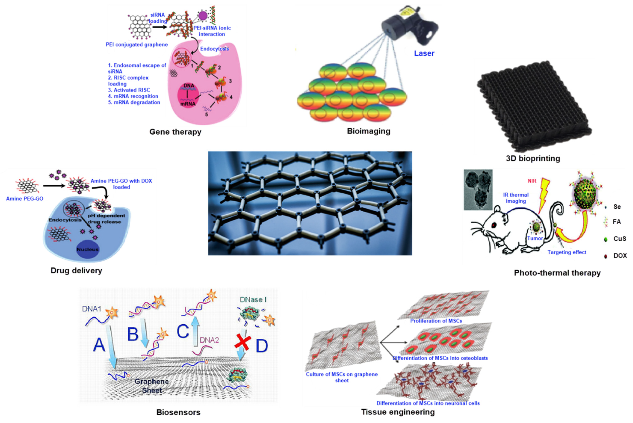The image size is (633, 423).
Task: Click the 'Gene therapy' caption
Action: [x=175, y=132]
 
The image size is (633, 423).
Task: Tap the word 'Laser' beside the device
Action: [x=424, y=54]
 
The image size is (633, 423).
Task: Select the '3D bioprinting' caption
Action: [x=533, y=158]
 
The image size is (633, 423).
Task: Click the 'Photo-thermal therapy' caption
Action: [x=557, y=273]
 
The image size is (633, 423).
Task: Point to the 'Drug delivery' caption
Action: [x=76, y=271]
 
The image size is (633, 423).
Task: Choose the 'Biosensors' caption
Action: [x=178, y=412]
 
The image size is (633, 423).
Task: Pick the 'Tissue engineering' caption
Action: [x=398, y=412]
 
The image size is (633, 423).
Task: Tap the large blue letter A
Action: [x=99, y=345]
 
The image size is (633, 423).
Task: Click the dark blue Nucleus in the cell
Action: [x=87, y=249]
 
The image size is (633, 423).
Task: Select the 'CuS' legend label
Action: [x=620, y=239]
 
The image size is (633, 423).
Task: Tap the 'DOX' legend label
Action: [x=620, y=256]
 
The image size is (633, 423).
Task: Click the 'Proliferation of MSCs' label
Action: [x=436, y=321]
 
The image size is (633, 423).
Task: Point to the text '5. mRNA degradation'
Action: [x=134, y=102]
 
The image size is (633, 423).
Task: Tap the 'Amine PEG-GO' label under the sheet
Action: [x=25, y=199]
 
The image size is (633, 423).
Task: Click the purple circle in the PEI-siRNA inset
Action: [x=203, y=16]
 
